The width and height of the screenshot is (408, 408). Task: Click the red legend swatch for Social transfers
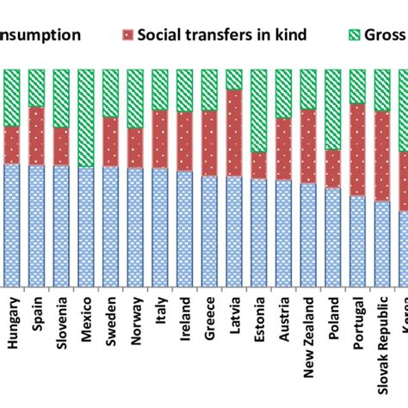129,35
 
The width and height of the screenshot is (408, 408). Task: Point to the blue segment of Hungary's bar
12,224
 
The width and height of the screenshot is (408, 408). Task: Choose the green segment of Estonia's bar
259,110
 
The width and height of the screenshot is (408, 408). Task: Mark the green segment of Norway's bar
135,99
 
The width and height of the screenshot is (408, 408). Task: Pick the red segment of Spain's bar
37,136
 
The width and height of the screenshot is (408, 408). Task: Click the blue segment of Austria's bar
283,232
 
